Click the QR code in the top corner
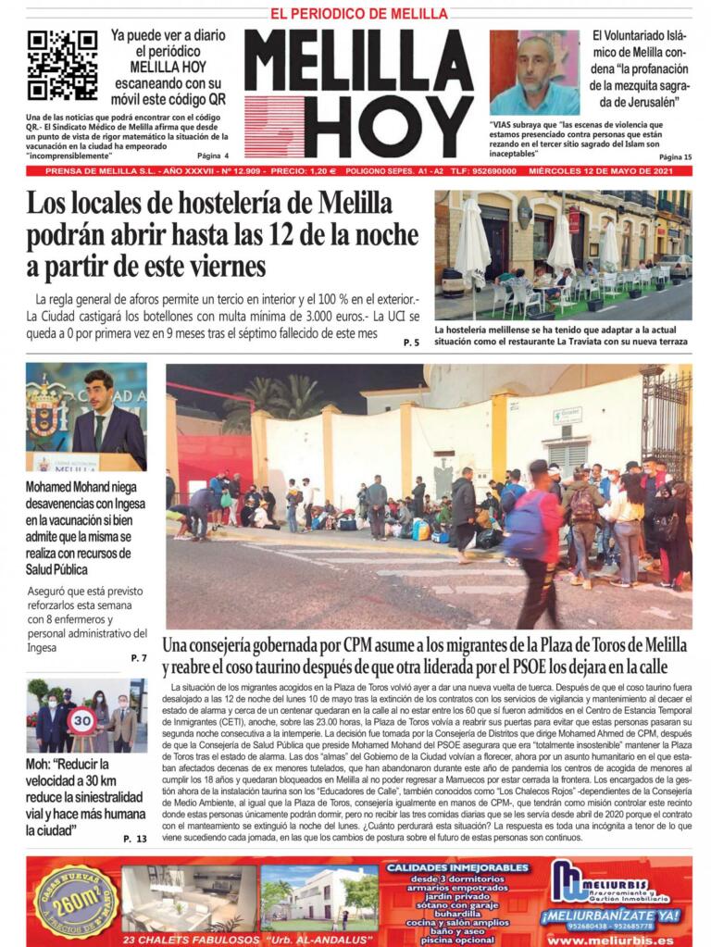62,65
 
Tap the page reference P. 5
411,343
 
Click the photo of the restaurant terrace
563,255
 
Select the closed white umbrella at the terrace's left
471,246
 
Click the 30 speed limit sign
82,717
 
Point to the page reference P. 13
134,838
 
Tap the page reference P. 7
138,657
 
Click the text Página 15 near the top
675,157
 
